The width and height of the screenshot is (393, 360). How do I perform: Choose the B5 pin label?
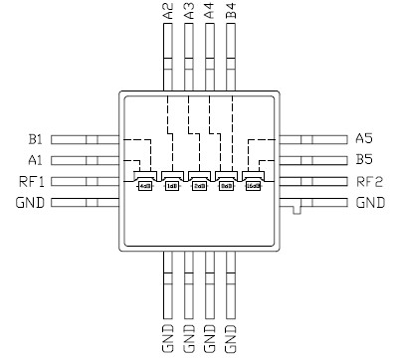point(364,159)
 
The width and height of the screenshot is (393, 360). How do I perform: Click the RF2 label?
point(367,181)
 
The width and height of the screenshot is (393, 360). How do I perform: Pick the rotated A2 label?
point(167,12)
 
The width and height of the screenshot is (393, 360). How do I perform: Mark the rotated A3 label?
point(188,12)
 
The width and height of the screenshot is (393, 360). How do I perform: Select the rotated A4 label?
point(209,12)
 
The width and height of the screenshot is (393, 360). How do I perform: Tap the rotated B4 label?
point(231,12)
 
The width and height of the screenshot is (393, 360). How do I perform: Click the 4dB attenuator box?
point(144,185)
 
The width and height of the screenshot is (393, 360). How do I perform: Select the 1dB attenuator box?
point(171,185)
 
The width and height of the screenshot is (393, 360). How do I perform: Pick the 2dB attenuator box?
point(199,185)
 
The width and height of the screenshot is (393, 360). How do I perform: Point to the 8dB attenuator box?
point(226,185)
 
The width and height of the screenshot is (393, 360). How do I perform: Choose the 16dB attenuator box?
point(253,185)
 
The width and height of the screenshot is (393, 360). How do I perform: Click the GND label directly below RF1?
point(28,203)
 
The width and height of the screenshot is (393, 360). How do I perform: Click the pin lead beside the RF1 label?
point(85,181)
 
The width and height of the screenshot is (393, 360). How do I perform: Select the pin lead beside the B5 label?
point(313,159)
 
